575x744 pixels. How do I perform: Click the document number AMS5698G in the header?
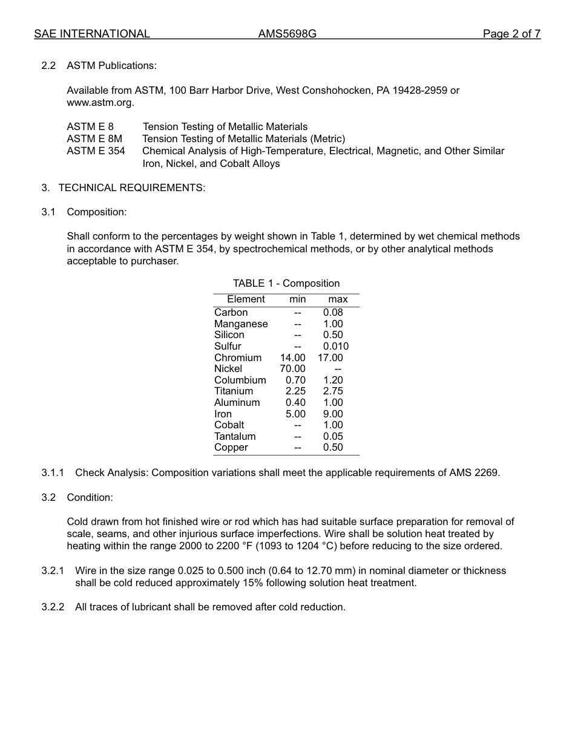click(287, 34)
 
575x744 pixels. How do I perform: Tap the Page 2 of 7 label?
click(511, 34)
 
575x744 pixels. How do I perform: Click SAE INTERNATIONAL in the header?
click(92, 34)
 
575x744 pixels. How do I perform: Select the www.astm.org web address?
click(100, 103)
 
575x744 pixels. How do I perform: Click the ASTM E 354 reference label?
click(96, 151)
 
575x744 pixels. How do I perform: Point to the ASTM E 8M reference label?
click(94, 139)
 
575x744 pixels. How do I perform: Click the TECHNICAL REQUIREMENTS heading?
click(131, 188)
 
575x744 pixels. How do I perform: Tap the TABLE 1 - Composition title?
click(286, 283)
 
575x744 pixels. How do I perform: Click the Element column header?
click(246, 299)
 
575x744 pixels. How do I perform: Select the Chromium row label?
click(238, 357)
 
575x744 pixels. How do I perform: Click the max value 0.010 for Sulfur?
click(335, 347)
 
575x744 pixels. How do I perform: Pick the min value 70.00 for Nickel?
click(292, 369)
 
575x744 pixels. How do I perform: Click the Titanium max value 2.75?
click(333, 391)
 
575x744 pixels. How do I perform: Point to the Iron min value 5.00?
click(295, 414)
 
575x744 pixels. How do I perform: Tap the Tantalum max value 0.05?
click(333, 437)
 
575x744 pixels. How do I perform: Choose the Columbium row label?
click(240, 380)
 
